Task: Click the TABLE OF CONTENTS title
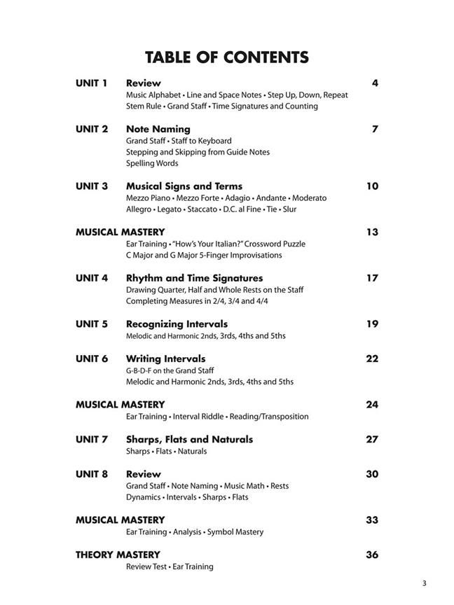click(x=226, y=57)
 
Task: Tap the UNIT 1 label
click(x=91, y=83)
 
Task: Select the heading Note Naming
click(x=158, y=129)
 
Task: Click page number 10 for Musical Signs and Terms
click(x=372, y=186)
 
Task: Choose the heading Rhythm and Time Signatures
click(x=194, y=278)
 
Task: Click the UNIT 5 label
click(x=91, y=324)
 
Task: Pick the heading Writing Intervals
click(x=165, y=359)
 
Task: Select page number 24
click(x=372, y=405)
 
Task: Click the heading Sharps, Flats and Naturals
click(x=189, y=439)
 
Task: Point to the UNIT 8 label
click(x=91, y=474)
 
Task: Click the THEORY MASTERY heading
click(x=118, y=555)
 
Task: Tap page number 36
click(x=372, y=555)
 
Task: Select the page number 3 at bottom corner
click(x=424, y=583)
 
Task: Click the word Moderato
click(x=309, y=198)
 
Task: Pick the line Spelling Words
click(x=152, y=163)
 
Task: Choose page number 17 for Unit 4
click(x=372, y=278)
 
